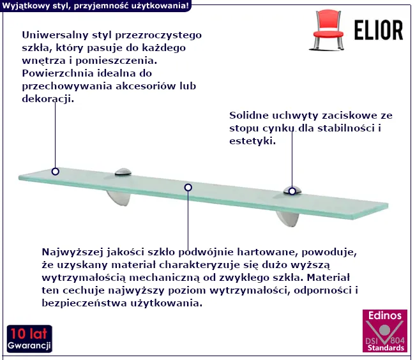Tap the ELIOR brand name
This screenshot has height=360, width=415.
(x=379, y=30)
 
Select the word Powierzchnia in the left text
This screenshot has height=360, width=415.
(x=57, y=73)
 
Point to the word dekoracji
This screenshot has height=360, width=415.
(x=48, y=99)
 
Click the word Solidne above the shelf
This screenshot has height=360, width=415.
(x=249, y=116)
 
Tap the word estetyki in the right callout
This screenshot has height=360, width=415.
(x=252, y=140)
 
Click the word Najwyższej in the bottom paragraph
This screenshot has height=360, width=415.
(x=72, y=252)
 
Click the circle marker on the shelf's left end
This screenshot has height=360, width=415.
(x=56, y=172)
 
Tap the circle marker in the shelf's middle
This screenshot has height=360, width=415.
(x=188, y=188)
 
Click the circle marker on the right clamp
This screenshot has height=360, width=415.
(x=292, y=191)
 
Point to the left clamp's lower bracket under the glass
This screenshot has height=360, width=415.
(x=119, y=198)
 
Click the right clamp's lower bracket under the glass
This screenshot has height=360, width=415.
(x=288, y=219)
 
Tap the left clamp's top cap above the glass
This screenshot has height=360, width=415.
(x=123, y=172)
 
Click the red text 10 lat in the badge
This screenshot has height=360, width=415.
(x=29, y=334)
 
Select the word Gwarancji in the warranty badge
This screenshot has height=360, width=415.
(x=29, y=345)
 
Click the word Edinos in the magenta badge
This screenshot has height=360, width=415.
(x=385, y=315)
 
